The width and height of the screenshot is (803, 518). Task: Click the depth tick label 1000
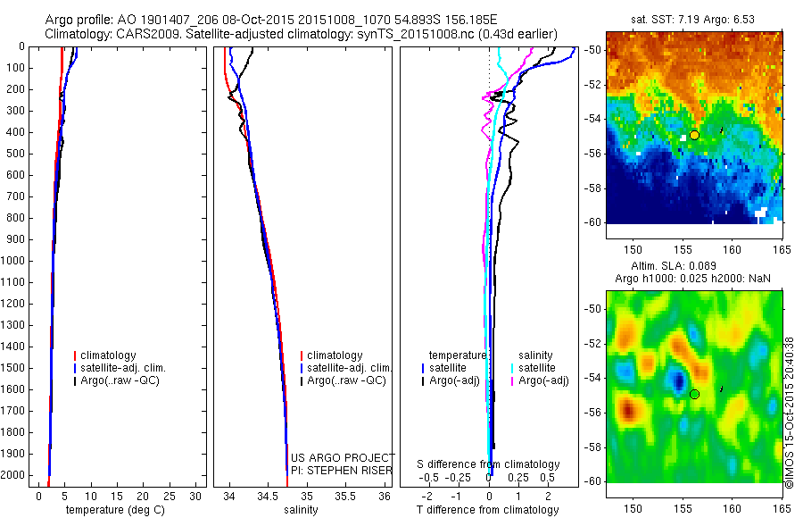13,261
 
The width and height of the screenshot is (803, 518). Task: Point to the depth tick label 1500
13,368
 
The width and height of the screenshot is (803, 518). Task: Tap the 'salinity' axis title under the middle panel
299,510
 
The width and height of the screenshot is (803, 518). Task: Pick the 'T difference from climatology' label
488,510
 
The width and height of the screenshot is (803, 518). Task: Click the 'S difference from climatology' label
488,464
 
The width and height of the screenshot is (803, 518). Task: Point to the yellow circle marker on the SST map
694,135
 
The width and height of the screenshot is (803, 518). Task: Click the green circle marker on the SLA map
694,394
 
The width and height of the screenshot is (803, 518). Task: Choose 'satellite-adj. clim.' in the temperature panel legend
124,368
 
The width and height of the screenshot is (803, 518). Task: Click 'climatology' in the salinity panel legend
334,355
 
